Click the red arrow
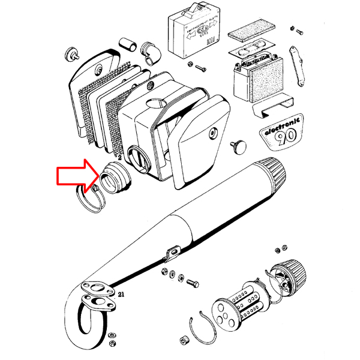(x=76, y=175)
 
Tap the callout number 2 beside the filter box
(x=120, y=157)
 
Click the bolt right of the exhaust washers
(x=193, y=281)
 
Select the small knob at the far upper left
(x=71, y=53)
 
